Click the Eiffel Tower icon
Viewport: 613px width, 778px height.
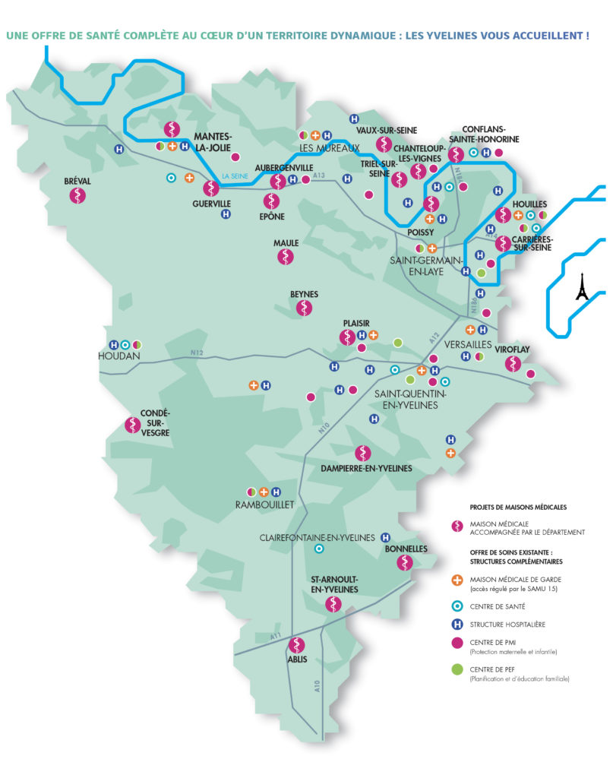(x=582, y=287)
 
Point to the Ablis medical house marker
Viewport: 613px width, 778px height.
(x=297, y=645)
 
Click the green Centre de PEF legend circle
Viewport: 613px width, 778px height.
(x=457, y=669)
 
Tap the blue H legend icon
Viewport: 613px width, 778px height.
(x=457, y=625)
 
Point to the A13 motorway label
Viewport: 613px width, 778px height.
(x=318, y=177)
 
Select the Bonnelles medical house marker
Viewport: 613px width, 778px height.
(x=406, y=562)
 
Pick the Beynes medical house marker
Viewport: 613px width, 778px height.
(x=304, y=308)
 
